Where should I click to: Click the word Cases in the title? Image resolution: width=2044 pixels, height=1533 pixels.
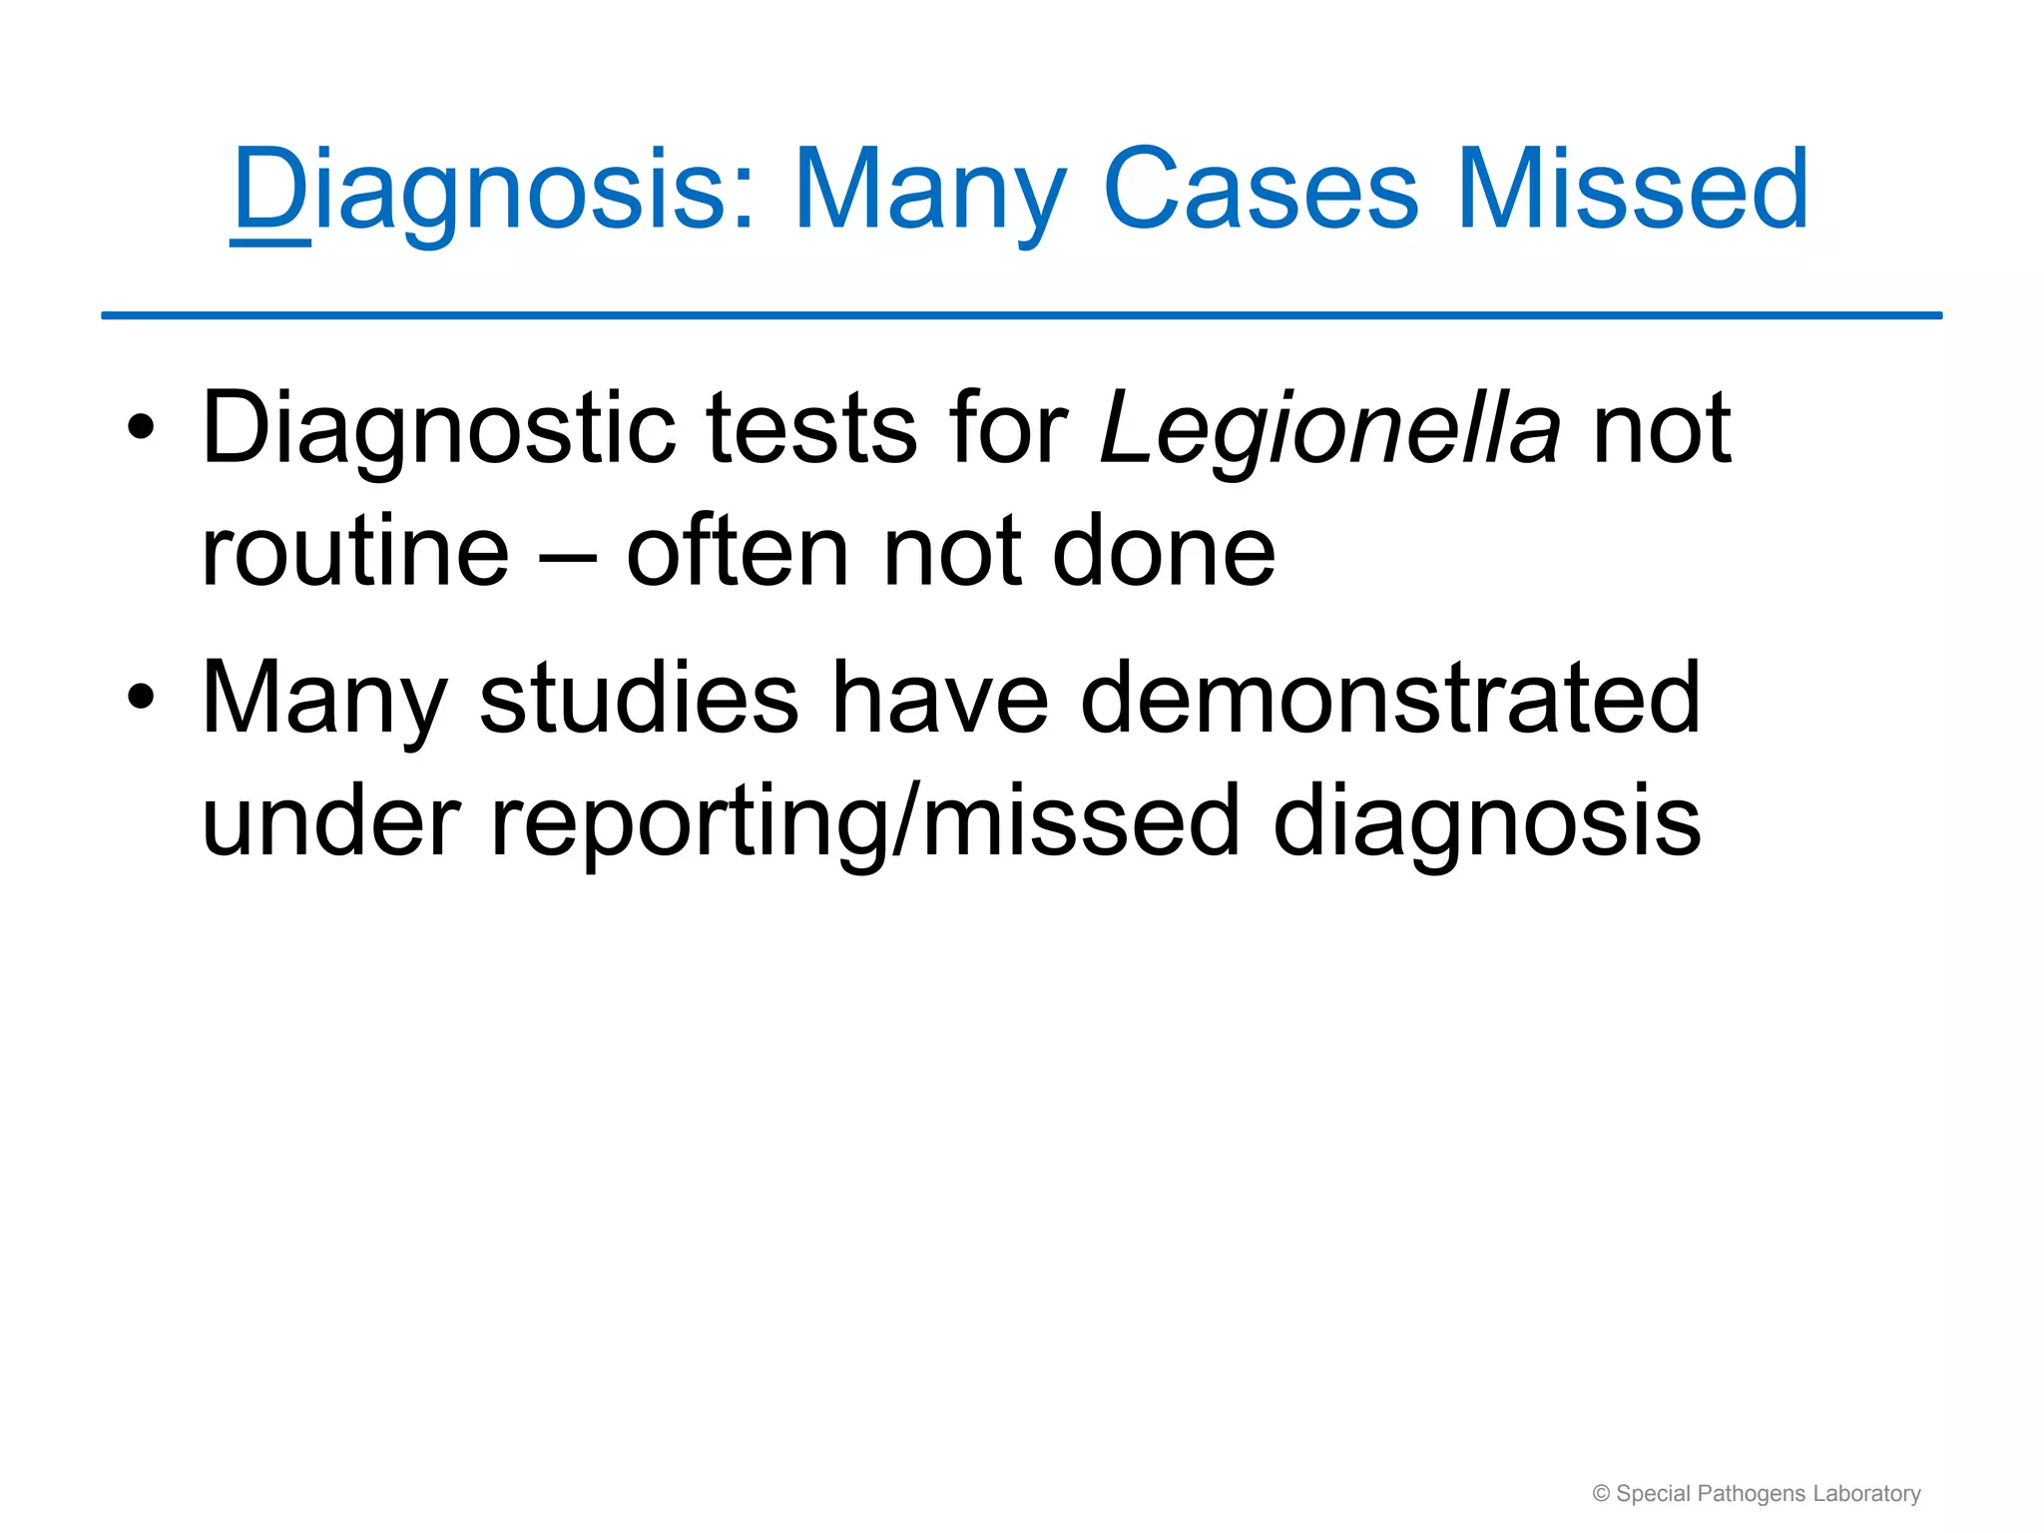[1260, 190]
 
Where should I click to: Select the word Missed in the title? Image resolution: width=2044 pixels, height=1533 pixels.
[1632, 190]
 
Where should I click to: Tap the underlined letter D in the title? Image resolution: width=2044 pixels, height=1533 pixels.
[269, 190]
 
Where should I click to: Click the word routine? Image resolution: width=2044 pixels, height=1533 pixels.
[354, 552]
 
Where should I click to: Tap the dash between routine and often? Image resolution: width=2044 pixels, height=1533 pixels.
[568, 555]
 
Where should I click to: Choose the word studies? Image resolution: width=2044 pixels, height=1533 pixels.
[639, 699]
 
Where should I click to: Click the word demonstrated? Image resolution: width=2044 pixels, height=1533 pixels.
[1389, 699]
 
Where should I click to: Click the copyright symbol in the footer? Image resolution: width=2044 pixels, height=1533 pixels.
[1601, 1494]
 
